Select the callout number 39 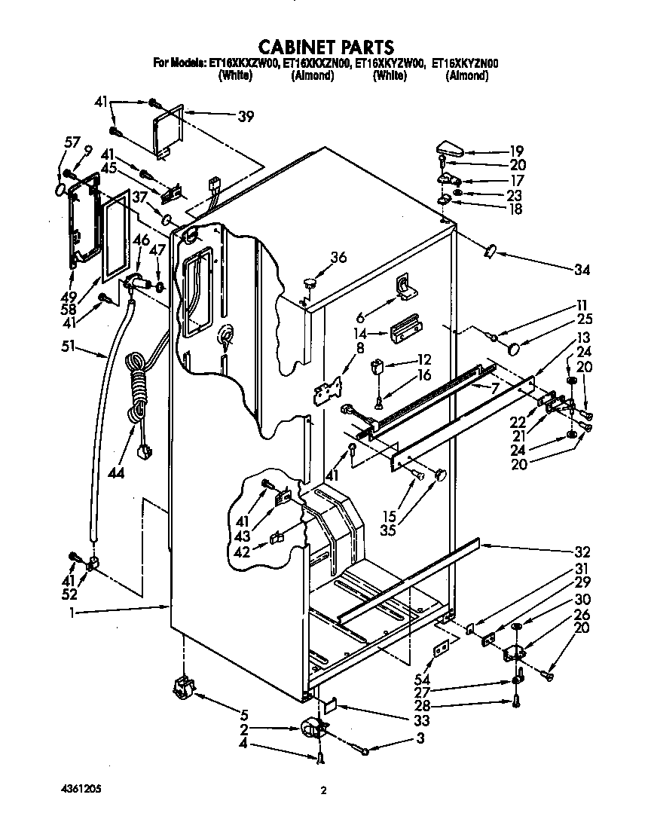click(245, 117)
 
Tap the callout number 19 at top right click(516, 150)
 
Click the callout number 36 click(338, 257)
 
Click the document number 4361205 click(78, 789)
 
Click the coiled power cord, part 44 click(138, 384)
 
